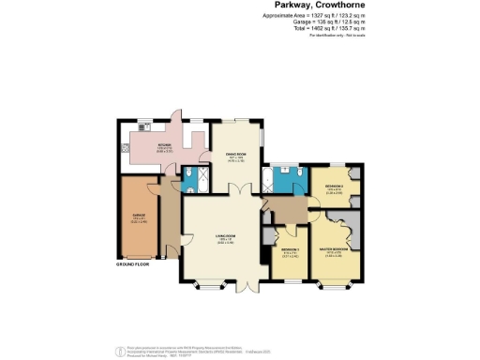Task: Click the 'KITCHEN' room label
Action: (164, 144)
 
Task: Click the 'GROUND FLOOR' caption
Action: (133, 266)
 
